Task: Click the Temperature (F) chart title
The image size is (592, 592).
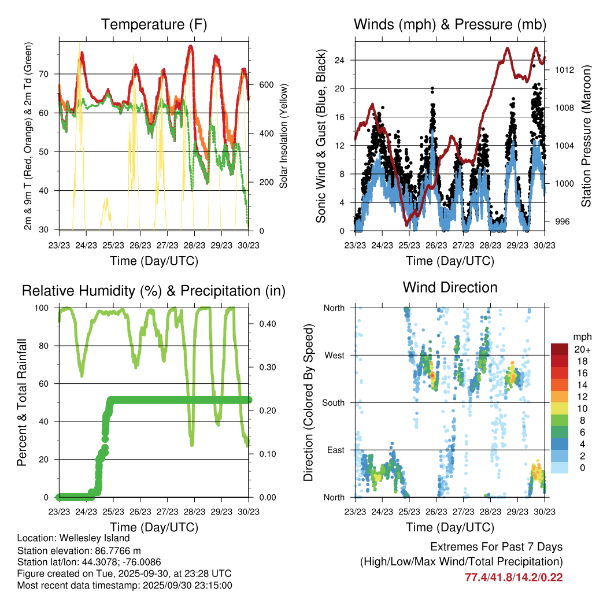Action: (x=154, y=24)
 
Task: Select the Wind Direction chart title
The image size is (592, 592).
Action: (x=450, y=287)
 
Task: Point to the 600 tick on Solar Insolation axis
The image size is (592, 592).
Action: (x=265, y=85)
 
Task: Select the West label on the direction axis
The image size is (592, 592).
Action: (x=334, y=355)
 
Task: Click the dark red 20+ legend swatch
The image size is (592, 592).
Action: (x=559, y=350)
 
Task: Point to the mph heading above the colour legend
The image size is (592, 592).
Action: (x=581, y=336)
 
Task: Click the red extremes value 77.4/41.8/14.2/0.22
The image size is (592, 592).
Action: (x=513, y=577)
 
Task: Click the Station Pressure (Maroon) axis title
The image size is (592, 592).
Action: (x=586, y=136)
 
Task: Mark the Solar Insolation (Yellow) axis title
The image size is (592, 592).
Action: (x=283, y=136)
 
